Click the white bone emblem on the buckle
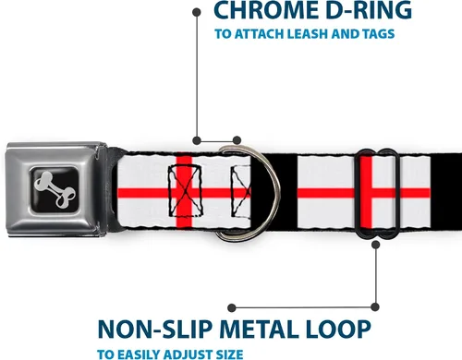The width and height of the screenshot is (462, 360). coord(55,189)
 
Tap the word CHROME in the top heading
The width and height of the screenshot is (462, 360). coord(264,10)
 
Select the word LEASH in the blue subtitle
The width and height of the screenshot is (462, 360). coord(308,34)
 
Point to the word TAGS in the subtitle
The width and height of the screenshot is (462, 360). coord(379,34)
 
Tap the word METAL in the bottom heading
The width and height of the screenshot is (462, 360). coord(260,330)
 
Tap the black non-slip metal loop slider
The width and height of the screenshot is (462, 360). coord(356,194)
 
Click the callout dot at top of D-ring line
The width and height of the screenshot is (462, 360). coord(197,12)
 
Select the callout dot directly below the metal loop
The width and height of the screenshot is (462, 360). coord(375,245)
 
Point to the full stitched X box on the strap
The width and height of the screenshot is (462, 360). coord(185,191)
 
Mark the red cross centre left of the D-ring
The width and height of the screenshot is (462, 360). coord(184,193)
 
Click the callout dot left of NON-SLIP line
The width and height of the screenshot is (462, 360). coord(232,307)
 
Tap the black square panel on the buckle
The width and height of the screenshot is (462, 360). coord(55,189)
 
